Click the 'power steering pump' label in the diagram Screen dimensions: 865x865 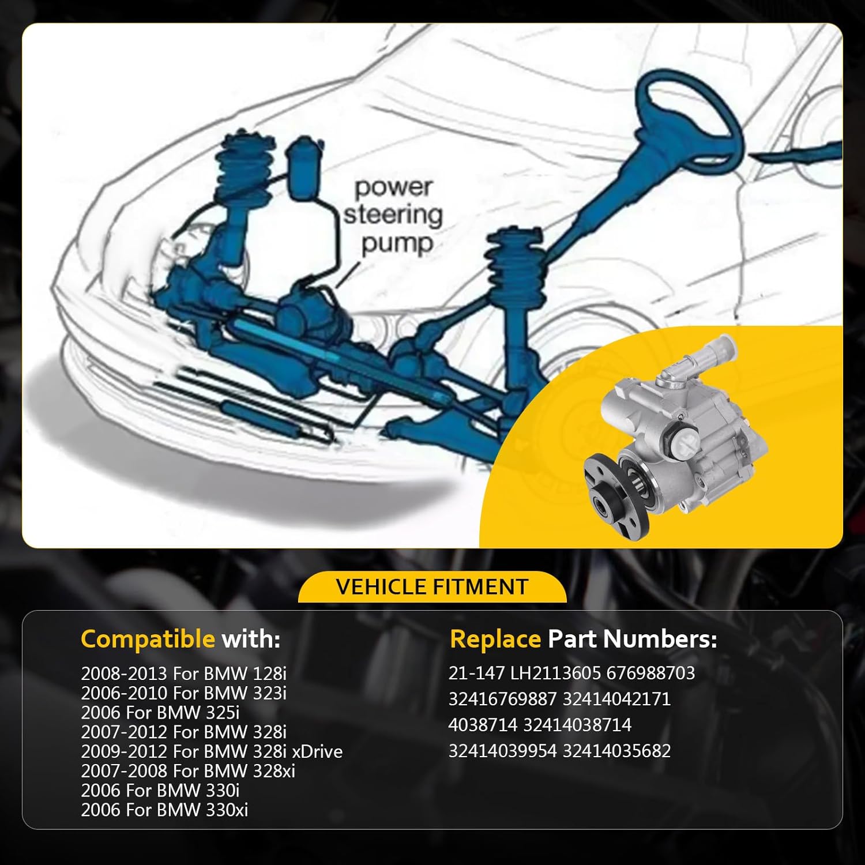[393, 215]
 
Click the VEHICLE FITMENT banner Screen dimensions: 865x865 [432, 586]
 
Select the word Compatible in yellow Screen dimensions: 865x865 [148, 639]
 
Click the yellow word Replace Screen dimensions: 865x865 [495, 639]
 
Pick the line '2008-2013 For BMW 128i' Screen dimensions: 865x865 [183, 674]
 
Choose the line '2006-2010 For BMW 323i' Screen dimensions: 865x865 [183, 693]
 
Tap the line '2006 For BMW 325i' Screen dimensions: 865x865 [160, 712]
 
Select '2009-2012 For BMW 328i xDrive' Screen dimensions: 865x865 [212, 751]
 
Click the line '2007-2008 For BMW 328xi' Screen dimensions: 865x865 [188, 771]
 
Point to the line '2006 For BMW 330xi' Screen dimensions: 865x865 [164, 810]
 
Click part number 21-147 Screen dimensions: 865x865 [477, 673]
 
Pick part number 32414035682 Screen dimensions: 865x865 [616, 751]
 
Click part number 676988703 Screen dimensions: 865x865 [651, 673]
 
